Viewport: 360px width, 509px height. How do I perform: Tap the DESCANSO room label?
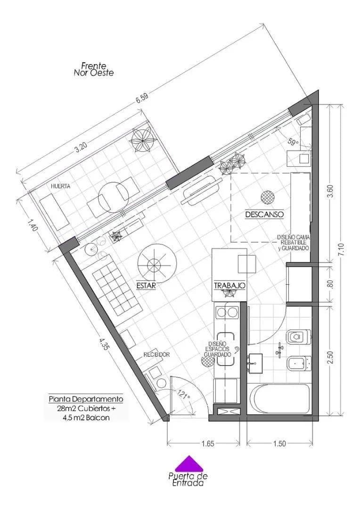pyautogui.click(x=264, y=214)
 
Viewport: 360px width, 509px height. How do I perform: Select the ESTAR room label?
pyautogui.click(x=146, y=285)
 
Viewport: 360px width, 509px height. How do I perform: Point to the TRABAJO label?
pyautogui.click(x=229, y=286)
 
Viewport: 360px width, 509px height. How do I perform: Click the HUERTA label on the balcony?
pyautogui.click(x=61, y=186)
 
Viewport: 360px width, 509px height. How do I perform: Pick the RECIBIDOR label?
pyautogui.click(x=156, y=354)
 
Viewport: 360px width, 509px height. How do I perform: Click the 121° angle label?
pyautogui.click(x=184, y=394)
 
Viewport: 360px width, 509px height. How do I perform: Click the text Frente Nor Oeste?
pyautogui.click(x=94, y=69)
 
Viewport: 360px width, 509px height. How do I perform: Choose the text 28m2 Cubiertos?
pyautogui.click(x=85, y=408)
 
